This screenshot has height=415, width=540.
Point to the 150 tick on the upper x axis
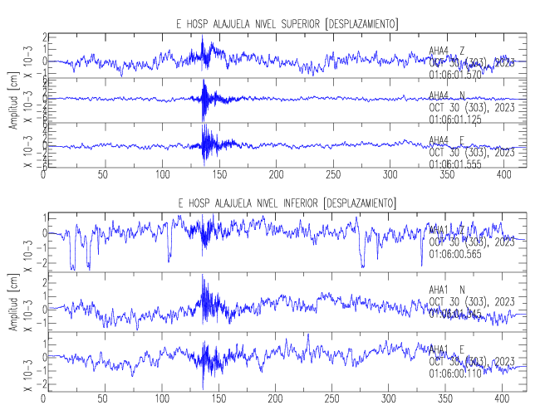point(218,176)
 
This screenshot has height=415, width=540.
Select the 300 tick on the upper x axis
point(391,176)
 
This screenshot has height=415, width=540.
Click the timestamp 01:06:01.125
point(456,120)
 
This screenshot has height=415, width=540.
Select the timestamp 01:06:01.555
point(456,164)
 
